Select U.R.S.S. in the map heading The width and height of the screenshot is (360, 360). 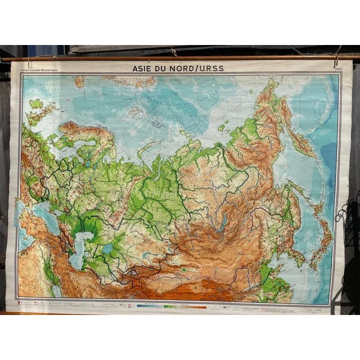pyautogui.click(x=207, y=69)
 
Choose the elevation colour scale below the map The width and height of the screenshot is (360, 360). pyautogui.click(x=174, y=307)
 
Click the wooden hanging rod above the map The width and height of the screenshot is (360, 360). pyautogui.click(x=180, y=57)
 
